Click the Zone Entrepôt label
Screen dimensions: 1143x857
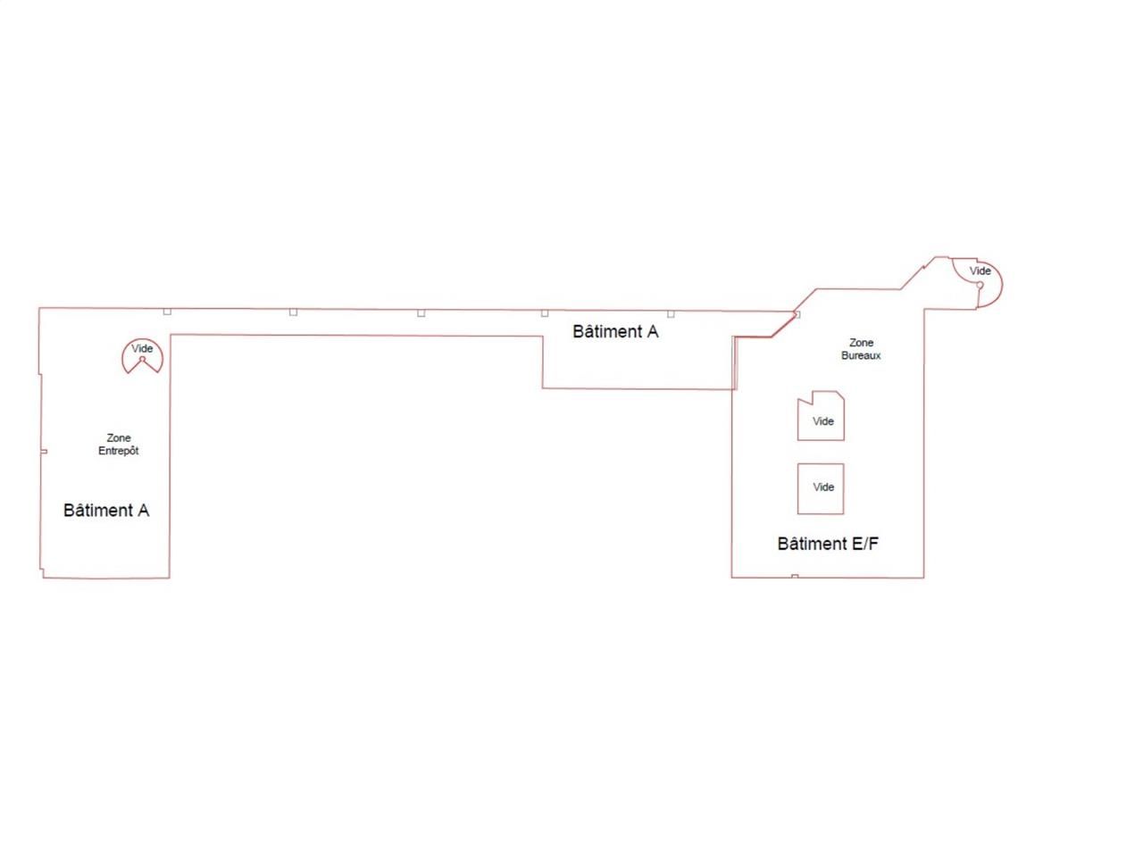pyautogui.click(x=118, y=444)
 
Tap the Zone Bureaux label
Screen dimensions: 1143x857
pyautogui.click(x=861, y=349)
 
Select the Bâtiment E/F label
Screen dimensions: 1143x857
pyautogui.click(x=828, y=544)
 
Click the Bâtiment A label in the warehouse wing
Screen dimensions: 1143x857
pyautogui.click(x=106, y=510)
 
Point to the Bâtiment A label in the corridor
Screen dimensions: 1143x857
pyautogui.click(x=615, y=331)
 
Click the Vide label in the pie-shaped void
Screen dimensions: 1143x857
pyautogui.click(x=142, y=348)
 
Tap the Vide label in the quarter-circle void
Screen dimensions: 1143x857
pyautogui.click(x=980, y=270)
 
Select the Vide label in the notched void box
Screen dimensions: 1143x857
pyautogui.click(x=823, y=421)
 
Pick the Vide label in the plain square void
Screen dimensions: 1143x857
pyautogui.click(x=824, y=487)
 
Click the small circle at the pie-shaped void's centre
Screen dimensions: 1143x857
pyautogui.click(x=142, y=359)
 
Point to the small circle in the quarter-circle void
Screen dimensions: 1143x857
pyautogui.click(x=980, y=285)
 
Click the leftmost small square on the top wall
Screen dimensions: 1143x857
pyautogui.click(x=167, y=312)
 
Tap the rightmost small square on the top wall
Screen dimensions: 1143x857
pyautogui.click(x=671, y=313)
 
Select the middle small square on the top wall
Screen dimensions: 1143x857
pyautogui.click(x=421, y=312)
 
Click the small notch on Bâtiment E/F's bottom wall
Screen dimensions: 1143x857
pyautogui.click(x=795, y=576)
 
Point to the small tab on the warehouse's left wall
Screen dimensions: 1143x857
pyautogui.click(x=44, y=451)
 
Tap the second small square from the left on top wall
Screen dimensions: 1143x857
pyautogui.click(x=293, y=312)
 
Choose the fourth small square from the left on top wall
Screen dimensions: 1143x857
pyautogui.click(x=545, y=313)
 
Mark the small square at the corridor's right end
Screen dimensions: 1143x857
pyautogui.click(x=797, y=315)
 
